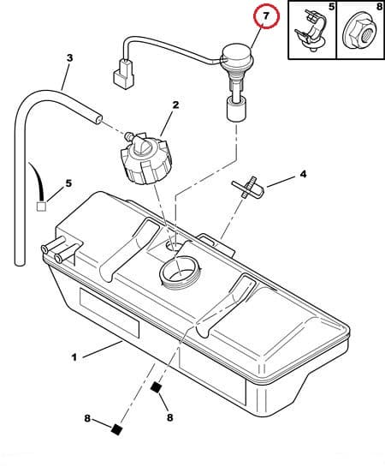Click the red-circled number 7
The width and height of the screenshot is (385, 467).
266,16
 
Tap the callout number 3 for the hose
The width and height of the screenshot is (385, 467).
69,57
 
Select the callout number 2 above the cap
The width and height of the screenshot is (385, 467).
175,105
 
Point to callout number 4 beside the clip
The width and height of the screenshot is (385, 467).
303,174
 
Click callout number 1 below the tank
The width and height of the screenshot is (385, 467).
74,357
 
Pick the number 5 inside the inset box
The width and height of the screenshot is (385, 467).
331,7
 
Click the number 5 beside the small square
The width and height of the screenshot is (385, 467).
68,183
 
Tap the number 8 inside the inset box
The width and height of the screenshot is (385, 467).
379,7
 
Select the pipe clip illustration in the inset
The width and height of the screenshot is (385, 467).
311,31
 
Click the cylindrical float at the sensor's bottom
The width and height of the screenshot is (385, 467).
236,110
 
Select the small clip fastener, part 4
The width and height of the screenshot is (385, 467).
248,188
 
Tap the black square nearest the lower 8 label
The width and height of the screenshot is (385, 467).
116,429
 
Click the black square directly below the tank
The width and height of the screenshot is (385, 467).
156,387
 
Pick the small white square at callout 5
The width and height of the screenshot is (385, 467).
41,207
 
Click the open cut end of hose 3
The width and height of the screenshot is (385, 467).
98,119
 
